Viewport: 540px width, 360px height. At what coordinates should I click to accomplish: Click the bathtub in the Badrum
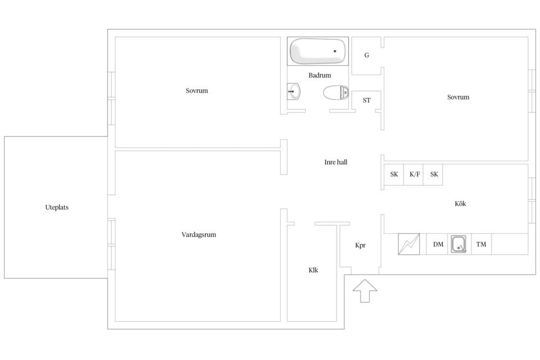pyautogui.click(x=317, y=51)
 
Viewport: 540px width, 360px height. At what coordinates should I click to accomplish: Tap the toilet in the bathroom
pyautogui.click(x=336, y=92)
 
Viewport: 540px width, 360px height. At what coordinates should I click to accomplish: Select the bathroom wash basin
pyautogui.click(x=294, y=91)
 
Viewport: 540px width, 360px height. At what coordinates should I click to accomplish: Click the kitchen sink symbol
pyautogui.click(x=458, y=244)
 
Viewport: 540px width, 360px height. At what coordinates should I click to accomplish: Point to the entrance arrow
pyautogui.click(x=364, y=291)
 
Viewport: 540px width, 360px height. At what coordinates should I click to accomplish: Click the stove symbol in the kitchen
pyautogui.click(x=409, y=244)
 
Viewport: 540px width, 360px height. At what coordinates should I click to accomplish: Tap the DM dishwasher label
pyautogui.click(x=438, y=244)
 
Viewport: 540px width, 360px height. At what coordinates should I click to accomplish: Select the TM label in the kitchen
pyautogui.click(x=481, y=244)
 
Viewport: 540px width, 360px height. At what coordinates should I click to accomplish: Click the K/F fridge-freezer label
pyautogui.click(x=415, y=174)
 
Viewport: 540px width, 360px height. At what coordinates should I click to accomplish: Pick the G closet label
pyautogui.click(x=367, y=55)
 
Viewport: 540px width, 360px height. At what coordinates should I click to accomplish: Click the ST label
pyautogui.click(x=367, y=100)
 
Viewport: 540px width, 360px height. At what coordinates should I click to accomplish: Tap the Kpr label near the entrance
pyautogui.click(x=360, y=245)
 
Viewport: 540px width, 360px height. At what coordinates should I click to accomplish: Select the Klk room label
pyautogui.click(x=313, y=270)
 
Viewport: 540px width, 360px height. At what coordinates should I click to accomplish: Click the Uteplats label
pyautogui.click(x=57, y=208)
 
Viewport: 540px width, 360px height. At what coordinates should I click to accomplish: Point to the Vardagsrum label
pyautogui.click(x=199, y=235)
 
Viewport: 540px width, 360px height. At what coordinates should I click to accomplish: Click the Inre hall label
pyautogui.click(x=336, y=162)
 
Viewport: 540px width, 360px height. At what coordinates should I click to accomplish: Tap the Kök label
pyautogui.click(x=460, y=204)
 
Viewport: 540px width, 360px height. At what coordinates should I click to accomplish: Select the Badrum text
pyautogui.click(x=319, y=75)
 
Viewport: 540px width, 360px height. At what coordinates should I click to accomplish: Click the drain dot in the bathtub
pyautogui.click(x=335, y=51)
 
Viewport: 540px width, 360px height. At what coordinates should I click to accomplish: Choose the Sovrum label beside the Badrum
pyautogui.click(x=197, y=91)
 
